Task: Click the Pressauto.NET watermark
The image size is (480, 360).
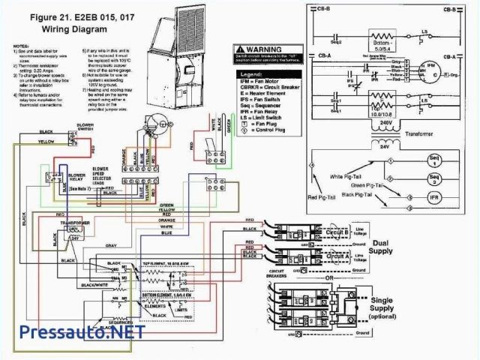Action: [72, 332]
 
